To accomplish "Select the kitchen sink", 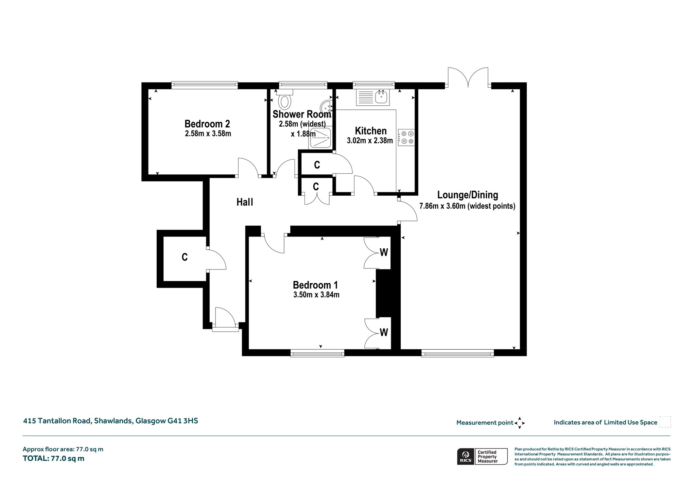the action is [x=382, y=98].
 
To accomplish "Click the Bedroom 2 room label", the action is [x=207, y=123].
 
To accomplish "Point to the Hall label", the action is [x=245, y=202].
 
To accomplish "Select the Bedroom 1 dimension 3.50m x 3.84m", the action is [x=316, y=295].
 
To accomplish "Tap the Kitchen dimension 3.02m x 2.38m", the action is [x=370, y=140].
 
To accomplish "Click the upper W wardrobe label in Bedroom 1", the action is [x=384, y=252].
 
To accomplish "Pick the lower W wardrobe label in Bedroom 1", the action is [x=384, y=332].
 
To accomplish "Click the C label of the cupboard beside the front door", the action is [x=185, y=257].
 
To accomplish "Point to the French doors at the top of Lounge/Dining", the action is [x=468, y=77].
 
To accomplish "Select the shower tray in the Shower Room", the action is [x=320, y=138].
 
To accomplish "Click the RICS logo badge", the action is [x=466, y=456].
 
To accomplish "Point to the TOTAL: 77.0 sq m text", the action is [x=53, y=458].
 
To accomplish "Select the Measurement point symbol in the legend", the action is [x=520, y=423].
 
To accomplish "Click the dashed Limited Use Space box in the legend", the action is [x=665, y=422].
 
